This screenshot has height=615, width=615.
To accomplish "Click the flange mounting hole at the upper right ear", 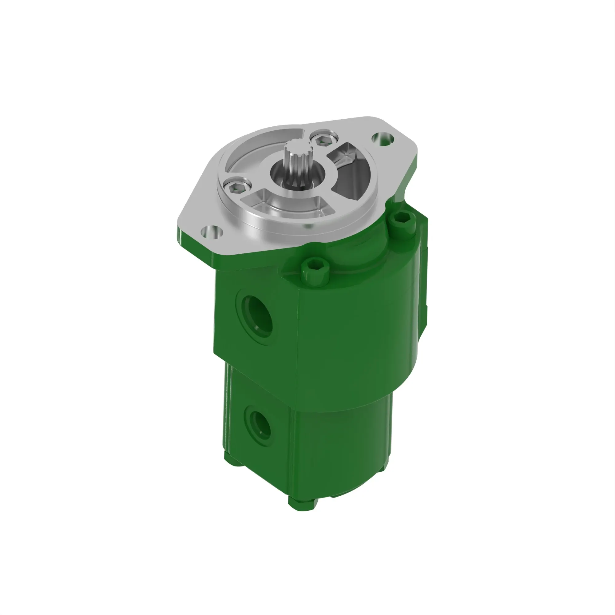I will tap(383, 138).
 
